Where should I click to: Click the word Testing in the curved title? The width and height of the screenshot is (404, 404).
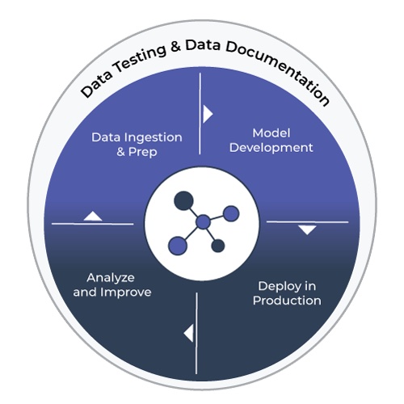[141, 58]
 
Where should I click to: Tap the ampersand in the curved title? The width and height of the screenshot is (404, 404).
[175, 46]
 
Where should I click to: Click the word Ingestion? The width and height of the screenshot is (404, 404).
[153, 138]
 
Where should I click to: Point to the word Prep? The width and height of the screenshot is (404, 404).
[142, 153]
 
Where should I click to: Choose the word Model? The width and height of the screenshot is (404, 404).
[271, 133]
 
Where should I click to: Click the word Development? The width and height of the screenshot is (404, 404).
[271, 148]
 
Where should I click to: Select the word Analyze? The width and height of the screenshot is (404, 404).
[111, 278]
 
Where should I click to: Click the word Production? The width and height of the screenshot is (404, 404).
[287, 301]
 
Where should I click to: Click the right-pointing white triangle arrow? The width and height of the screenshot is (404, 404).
[208, 114]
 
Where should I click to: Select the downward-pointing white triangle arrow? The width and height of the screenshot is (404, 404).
[307, 230]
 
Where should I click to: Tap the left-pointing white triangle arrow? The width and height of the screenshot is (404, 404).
[189, 333]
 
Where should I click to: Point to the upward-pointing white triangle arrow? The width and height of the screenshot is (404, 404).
[93, 216]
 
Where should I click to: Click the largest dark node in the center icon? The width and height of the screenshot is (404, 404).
[183, 200]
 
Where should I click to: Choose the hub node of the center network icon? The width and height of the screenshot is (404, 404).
[203, 222]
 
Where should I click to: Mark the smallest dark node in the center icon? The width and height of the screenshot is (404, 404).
[218, 246]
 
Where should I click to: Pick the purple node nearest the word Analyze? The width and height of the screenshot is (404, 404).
[178, 246]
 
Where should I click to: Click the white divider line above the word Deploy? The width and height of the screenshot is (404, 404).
[307, 222]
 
